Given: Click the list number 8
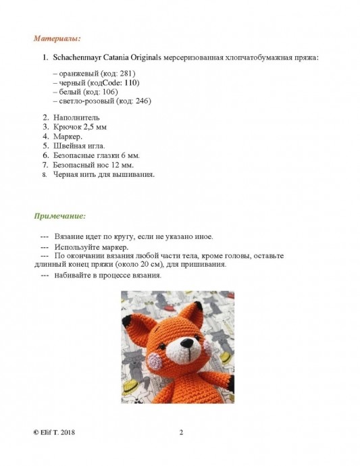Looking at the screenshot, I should (x=45, y=174).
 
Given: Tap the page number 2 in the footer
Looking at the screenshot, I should (x=181, y=433).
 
